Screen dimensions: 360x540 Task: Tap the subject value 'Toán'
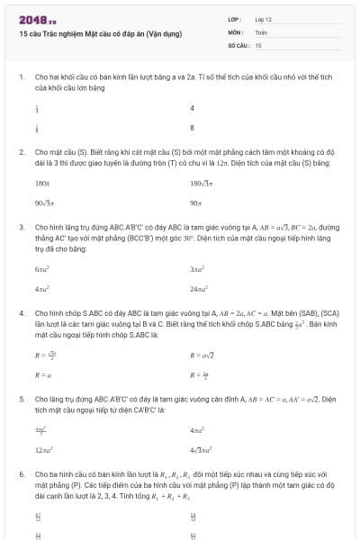point(262,31)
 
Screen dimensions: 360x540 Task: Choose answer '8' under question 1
point(192,128)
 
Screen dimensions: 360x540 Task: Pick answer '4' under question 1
point(192,108)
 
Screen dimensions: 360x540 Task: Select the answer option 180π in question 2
point(42,183)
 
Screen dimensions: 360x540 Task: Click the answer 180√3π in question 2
point(202,183)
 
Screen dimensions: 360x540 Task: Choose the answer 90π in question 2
point(196,203)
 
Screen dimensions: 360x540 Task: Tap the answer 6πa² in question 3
point(42,269)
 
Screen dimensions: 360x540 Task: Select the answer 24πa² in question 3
point(200,290)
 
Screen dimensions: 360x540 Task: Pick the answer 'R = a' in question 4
point(41,375)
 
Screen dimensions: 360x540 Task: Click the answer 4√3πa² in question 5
point(202,448)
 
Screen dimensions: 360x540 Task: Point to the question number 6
point(21,472)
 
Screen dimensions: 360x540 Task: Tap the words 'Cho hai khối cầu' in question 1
point(60,77)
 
